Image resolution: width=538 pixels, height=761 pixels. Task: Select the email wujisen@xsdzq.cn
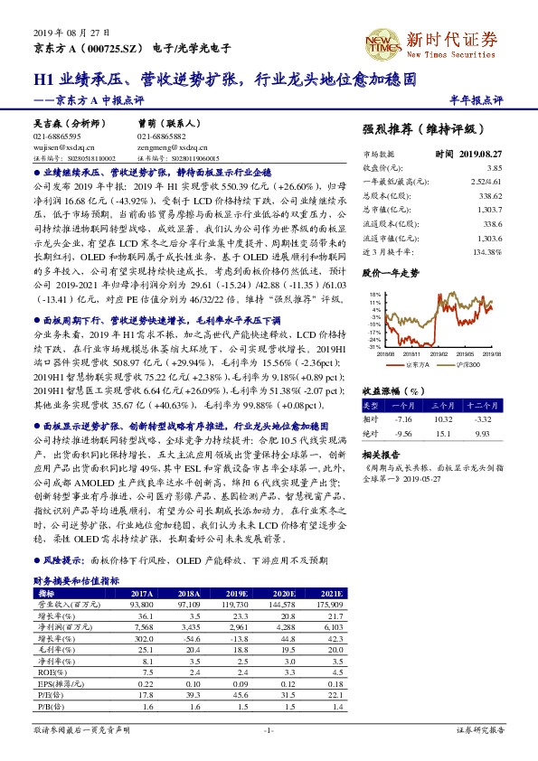coord(57,146)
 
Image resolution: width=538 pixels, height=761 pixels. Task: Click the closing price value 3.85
coord(494,168)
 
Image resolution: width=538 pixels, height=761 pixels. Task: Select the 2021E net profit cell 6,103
coord(333,625)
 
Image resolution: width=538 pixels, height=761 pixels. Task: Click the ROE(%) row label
coord(50,672)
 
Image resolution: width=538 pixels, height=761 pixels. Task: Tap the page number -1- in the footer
coord(269,728)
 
